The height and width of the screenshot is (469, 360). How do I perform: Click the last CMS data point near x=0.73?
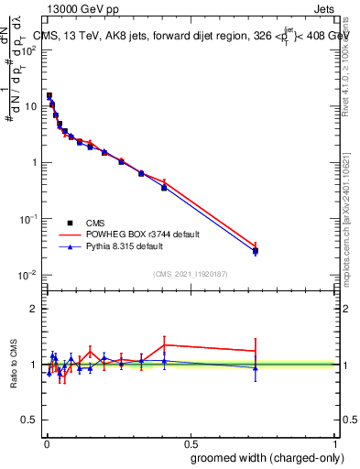pos(255,251)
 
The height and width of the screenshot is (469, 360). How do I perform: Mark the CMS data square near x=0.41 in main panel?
pos(164,187)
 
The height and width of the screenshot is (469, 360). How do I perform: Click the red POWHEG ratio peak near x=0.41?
pos(164,344)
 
